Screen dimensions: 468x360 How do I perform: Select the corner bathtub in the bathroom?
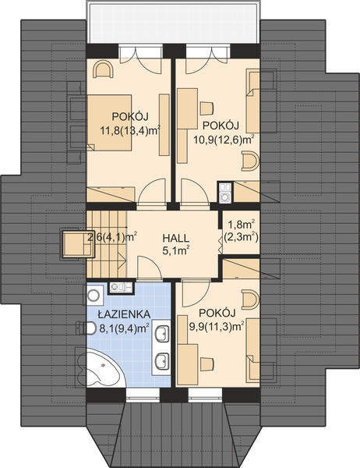coord(100,367)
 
